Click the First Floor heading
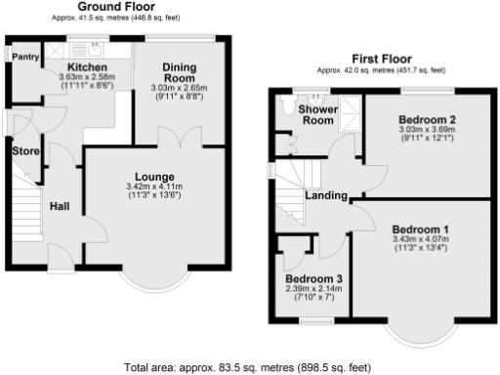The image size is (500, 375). [x=381, y=59]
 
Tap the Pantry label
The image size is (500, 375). [x=25, y=58]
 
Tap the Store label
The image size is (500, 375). [x=25, y=151]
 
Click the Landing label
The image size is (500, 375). [x=326, y=196]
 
